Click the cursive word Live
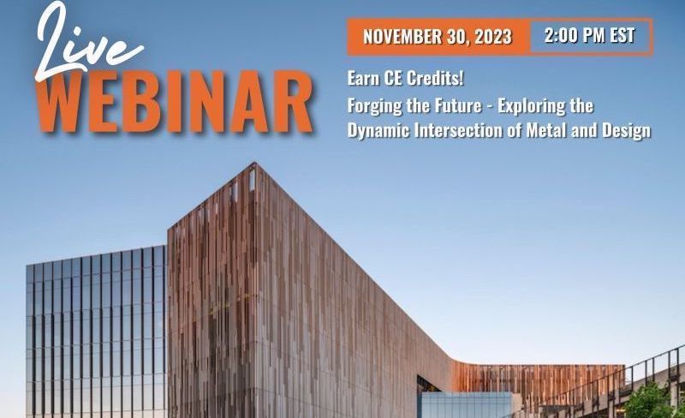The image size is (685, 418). (x=87, y=41)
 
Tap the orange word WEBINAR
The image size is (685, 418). (x=175, y=102)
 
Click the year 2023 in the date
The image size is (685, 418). (x=493, y=37)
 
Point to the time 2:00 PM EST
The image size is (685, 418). (x=589, y=35)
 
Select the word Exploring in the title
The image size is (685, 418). (x=532, y=106)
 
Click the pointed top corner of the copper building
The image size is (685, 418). (x=255, y=163)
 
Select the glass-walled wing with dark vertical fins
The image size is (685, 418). (x=96, y=332)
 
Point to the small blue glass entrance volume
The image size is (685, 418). (x=466, y=405)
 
